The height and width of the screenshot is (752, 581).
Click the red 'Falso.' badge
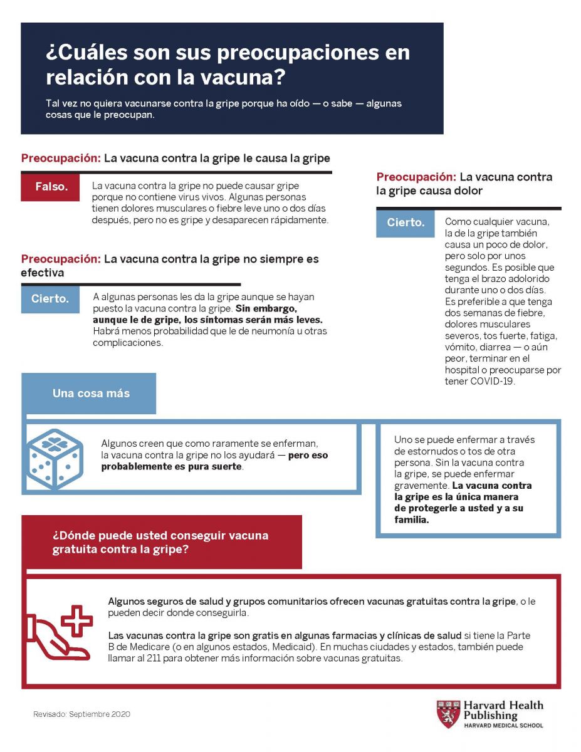pyautogui.click(x=50, y=187)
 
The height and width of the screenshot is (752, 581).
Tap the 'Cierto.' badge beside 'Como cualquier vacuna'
pyautogui.click(x=405, y=222)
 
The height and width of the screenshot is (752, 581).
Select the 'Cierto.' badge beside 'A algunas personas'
pyautogui.click(x=50, y=299)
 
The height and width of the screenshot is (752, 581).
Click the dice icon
pyautogui.click(x=55, y=459)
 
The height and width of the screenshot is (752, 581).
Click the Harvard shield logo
pyautogui.click(x=448, y=714)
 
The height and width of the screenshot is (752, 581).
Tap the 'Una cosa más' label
pyautogui.click(x=91, y=394)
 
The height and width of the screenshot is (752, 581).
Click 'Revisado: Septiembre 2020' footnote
pyautogui.click(x=82, y=714)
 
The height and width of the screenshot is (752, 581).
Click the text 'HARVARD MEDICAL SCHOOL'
pyautogui.click(x=503, y=726)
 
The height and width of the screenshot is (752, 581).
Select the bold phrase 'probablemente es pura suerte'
pyautogui.click(x=172, y=467)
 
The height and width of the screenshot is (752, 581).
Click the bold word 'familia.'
pyautogui.click(x=412, y=520)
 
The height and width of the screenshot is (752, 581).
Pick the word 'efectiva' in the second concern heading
pyautogui.click(x=43, y=273)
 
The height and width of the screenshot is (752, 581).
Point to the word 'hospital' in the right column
pyautogui.click(x=465, y=370)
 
